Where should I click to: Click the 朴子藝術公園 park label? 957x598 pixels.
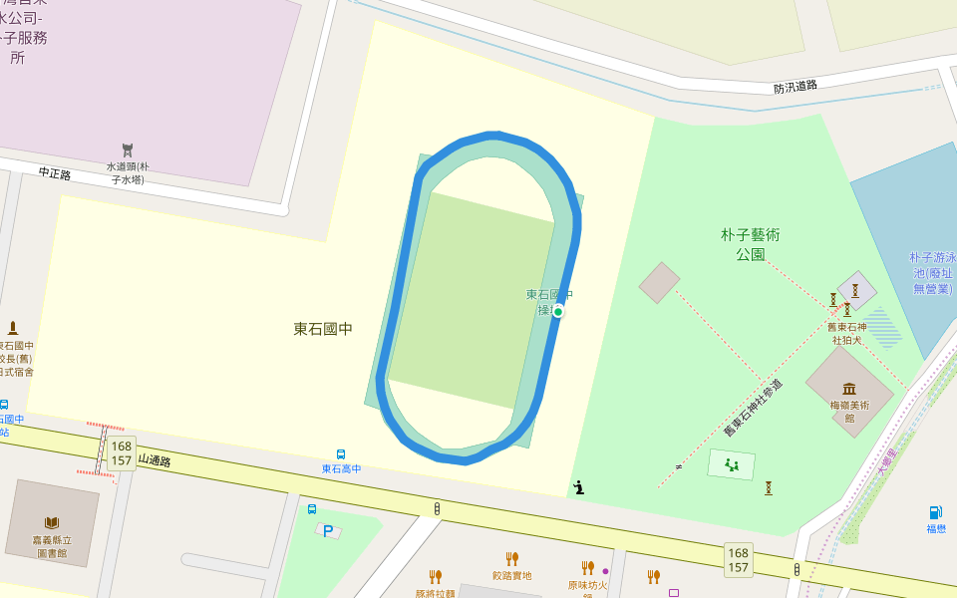pyautogui.click(x=750, y=244)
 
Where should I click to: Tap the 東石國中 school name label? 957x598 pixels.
pyautogui.click(x=323, y=328)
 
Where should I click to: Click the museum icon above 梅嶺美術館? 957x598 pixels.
pyautogui.click(x=849, y=389)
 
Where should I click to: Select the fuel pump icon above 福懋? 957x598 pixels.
pyautogui.click(x=935, y=512)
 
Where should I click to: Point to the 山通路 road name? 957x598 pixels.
pyautogui.click(x=155, y=460)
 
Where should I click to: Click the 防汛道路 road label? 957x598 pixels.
pyautogui.click(x=796, y=87)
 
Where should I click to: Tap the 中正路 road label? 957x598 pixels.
pyautogui.click(x=55, y=173)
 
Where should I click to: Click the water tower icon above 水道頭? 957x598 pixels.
pyautogui.click(x=128, y=150)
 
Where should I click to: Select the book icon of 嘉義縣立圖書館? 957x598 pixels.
pyautogui.click(x=52, y=522)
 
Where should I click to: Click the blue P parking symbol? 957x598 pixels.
pyautogui.click(x=328, y=531)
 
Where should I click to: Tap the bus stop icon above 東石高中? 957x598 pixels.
pyautogui.click(x=341, y=454)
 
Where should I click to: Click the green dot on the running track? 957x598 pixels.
pyautogui.click(x=558, y=312)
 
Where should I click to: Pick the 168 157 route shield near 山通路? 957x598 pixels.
pyautogui.click(x=122, y=453)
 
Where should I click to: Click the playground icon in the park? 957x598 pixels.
pyautogui.click(x=732, y=464)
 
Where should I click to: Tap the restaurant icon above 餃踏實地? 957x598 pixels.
pyautogui.click(x=512, y=558)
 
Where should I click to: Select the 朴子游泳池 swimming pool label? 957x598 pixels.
pyautogui.click(x=933, y=272)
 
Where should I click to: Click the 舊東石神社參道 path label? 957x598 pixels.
pyautogui.click(x=753, y=407)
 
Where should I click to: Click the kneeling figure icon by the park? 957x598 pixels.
pyautogui.click(x=578, y=487)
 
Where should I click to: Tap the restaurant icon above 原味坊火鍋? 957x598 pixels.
pyautogui.click(x=587, y=568)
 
